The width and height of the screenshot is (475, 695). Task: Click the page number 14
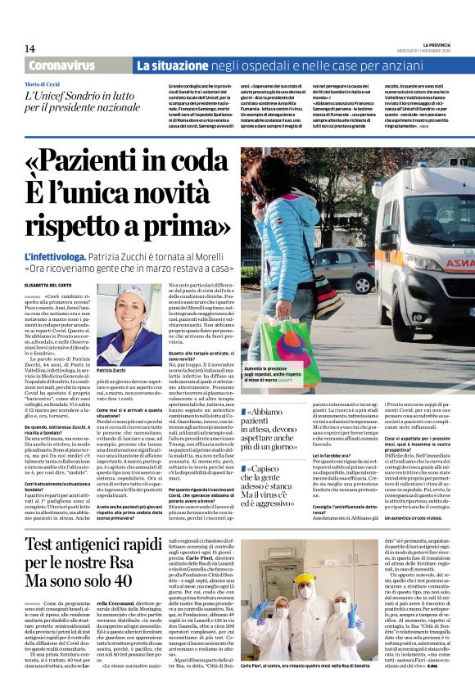click(29, 49)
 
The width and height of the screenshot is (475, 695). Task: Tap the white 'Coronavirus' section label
click(62, 65)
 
